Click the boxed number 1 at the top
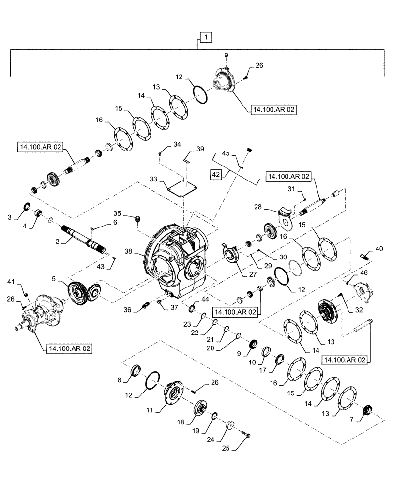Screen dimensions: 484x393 tap(205, 37)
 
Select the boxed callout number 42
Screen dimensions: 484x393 tap(216, 174)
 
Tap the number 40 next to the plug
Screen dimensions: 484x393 tap(378, 250)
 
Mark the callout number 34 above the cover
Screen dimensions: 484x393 tap(163, 144)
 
